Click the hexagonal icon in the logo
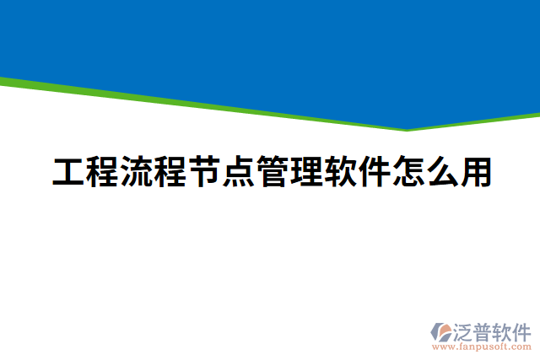(441, 330)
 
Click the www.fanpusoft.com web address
(481, 347)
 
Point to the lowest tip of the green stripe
(408, 130)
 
